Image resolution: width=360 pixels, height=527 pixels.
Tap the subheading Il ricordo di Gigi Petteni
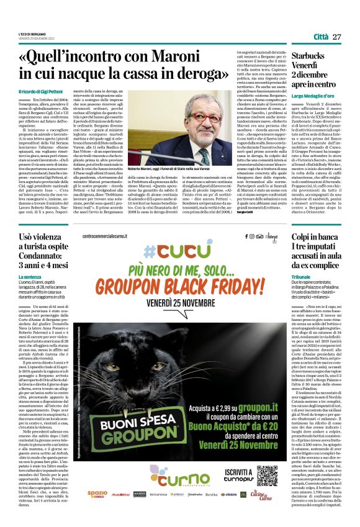(45, 91)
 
